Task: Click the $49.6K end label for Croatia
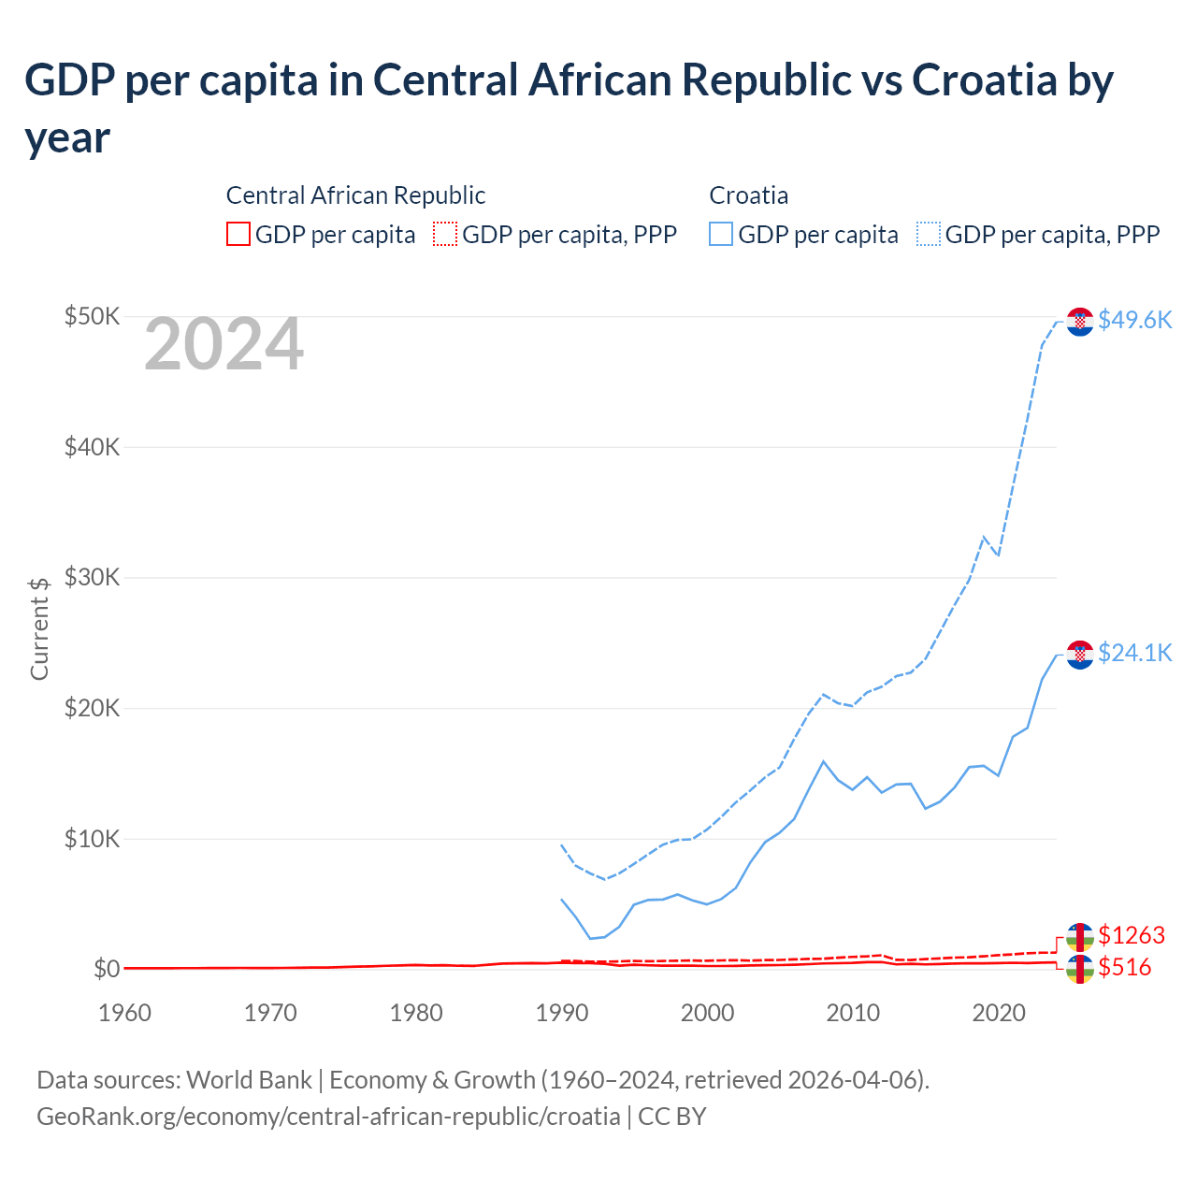[1134, 320]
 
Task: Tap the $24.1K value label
[1134, 653]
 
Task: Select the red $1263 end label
[1132, 935]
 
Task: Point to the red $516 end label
[1125, 967]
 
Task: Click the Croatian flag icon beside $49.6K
[1080, 321]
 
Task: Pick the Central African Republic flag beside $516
[1080, 969]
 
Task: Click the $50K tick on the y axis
[92, 316]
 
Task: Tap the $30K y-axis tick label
[92, 577]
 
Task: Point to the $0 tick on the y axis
[106, 969]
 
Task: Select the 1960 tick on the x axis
[125, 1013]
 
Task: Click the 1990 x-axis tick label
[561, 1013]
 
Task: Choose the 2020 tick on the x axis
[999, 1013]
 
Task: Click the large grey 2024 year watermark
[224, 344]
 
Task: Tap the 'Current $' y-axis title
[39, 628]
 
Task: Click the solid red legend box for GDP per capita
[238, 234]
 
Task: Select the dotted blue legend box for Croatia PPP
[929, 234]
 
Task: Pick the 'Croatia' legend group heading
[748, 195]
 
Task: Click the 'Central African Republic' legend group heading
[355, 195]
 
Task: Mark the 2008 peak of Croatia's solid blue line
[823, 761]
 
